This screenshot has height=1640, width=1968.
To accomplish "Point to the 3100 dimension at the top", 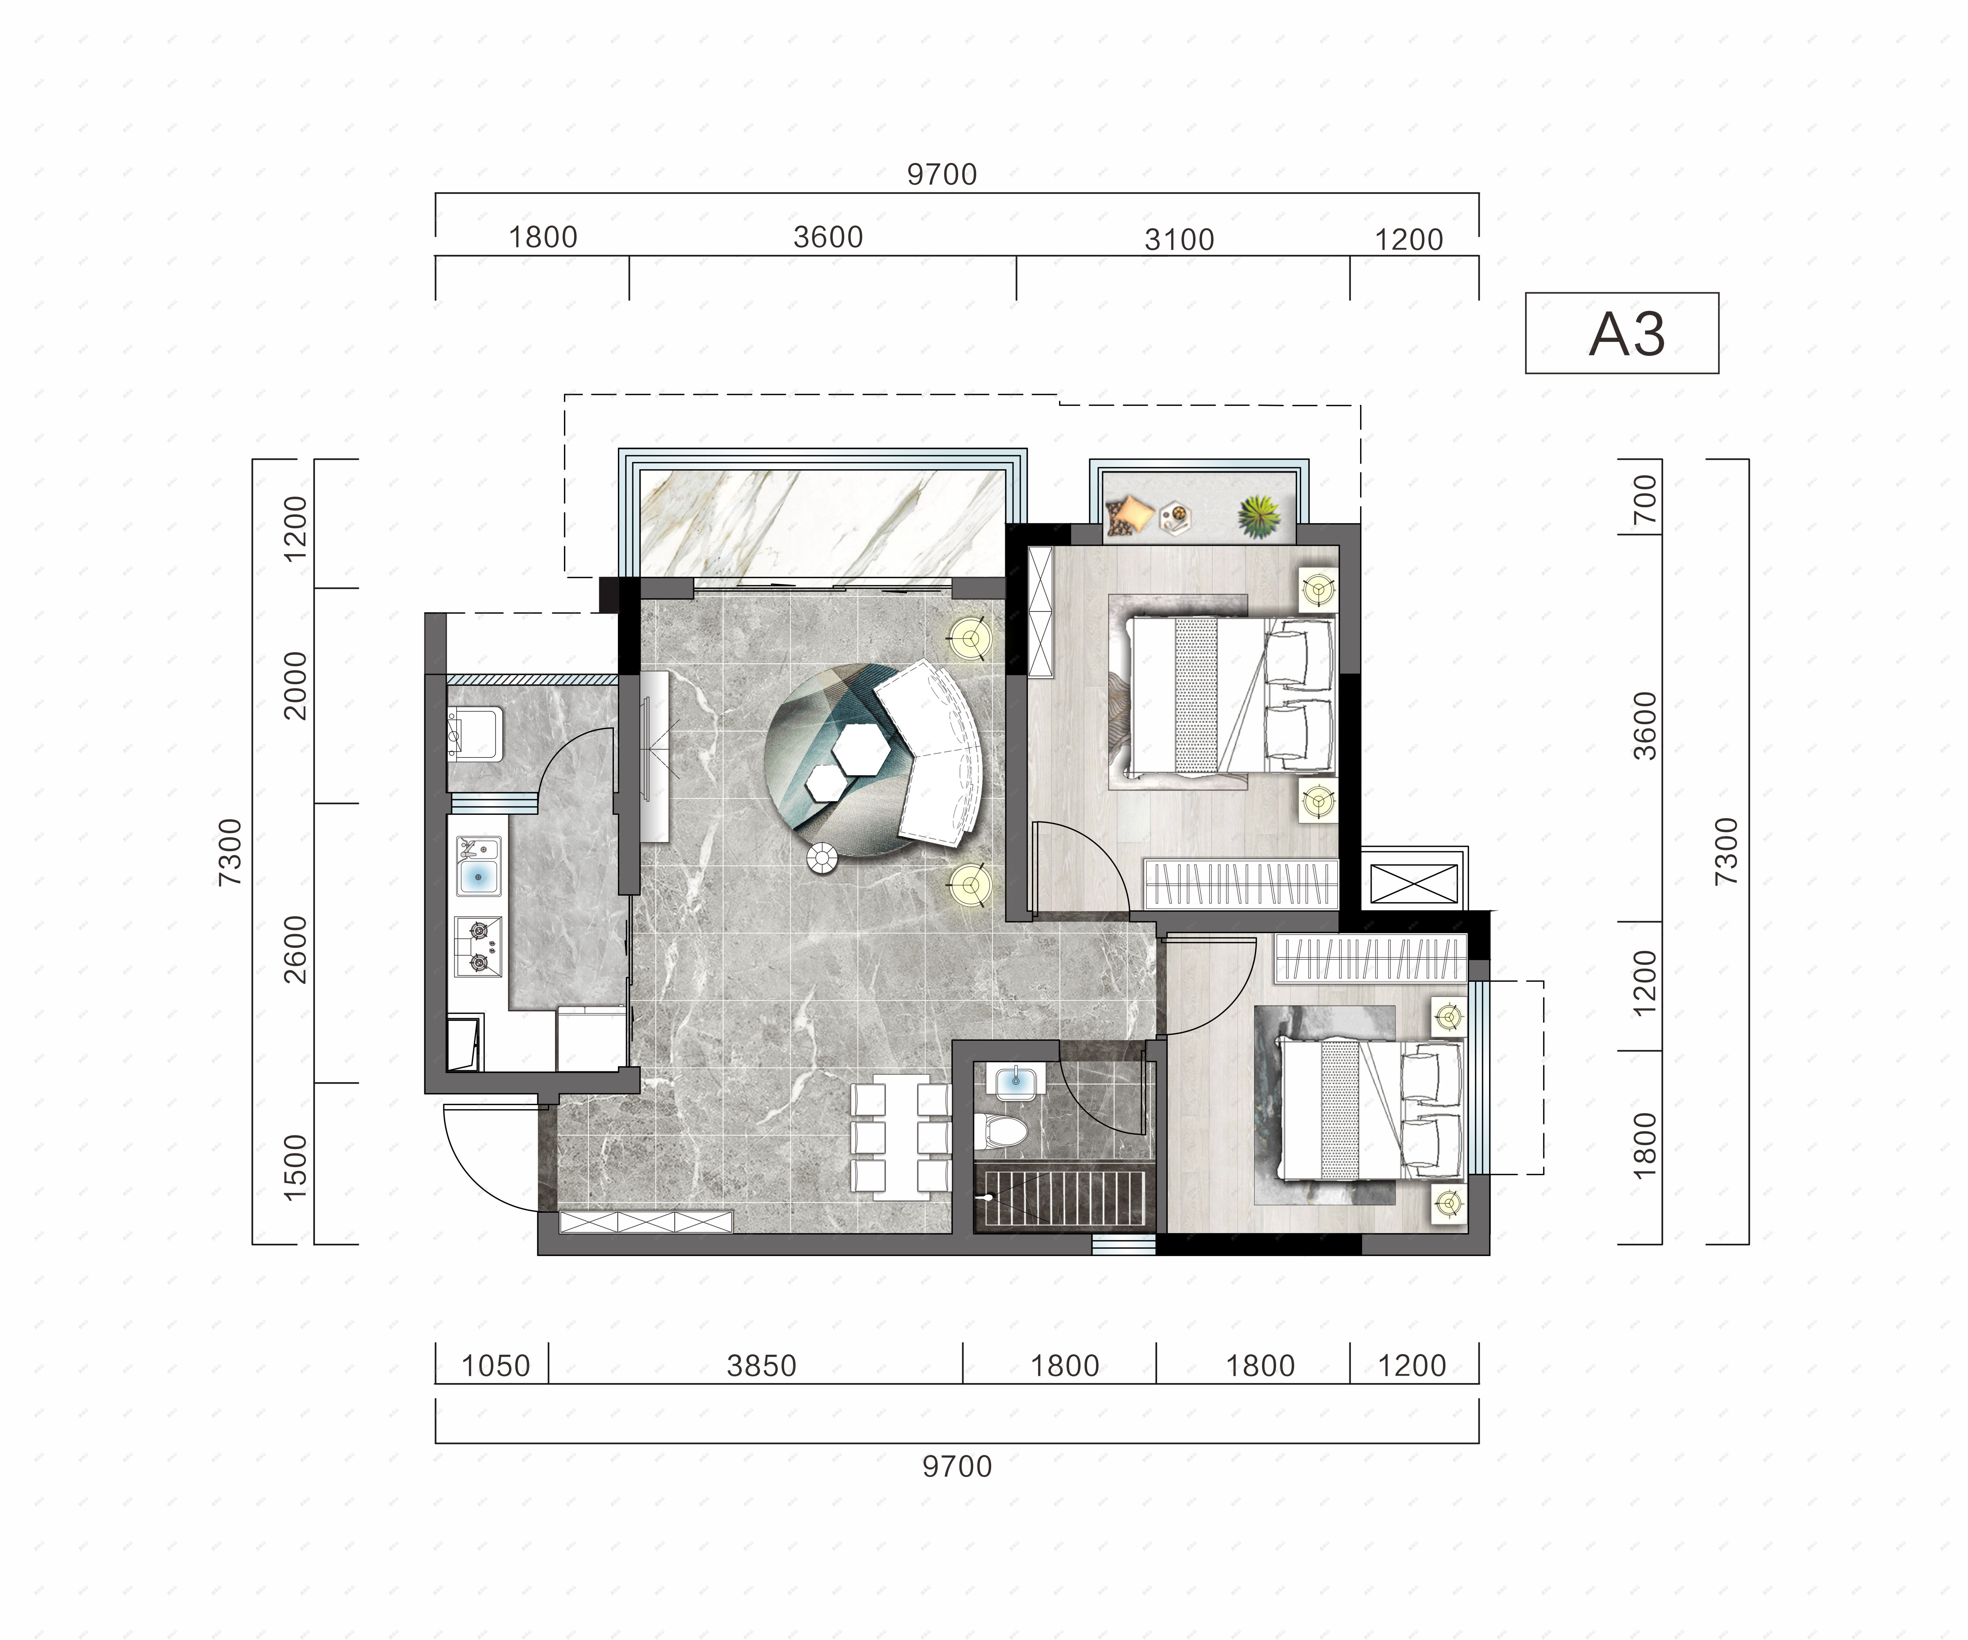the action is tap(1179, 240).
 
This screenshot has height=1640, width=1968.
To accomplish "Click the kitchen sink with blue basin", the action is tap(478, 867).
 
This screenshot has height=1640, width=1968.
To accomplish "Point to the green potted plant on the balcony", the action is tap(1258, 517).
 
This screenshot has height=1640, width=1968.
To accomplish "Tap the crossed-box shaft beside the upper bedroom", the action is tap(1414, 883).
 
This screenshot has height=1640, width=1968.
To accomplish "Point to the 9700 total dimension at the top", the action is tap(942, 174).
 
